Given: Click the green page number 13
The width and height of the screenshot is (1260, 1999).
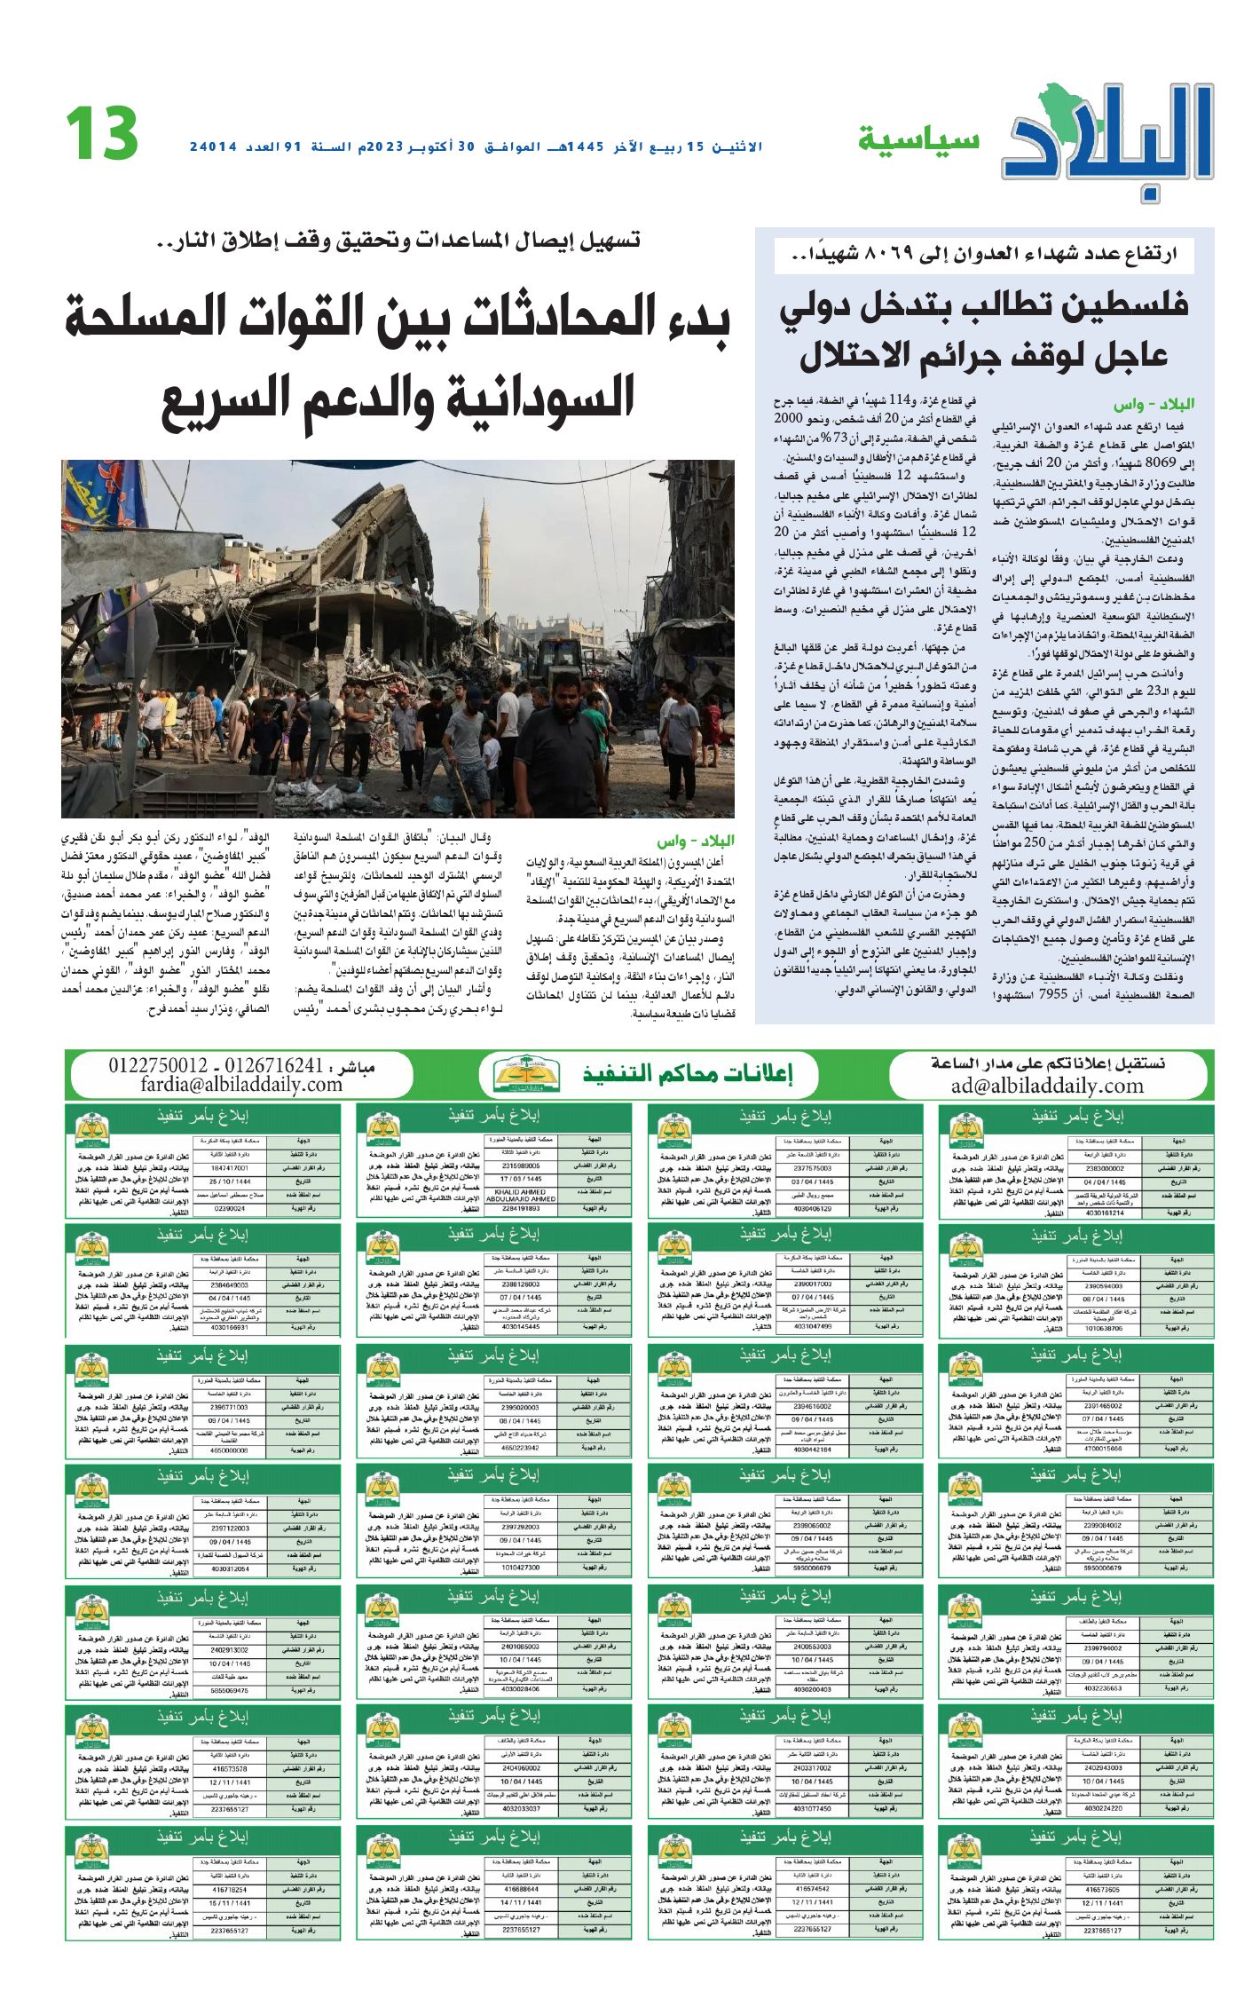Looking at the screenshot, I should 101,133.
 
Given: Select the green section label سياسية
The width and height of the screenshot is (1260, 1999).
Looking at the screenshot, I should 917,140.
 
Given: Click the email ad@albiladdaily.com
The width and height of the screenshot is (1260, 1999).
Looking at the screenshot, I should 1047,1086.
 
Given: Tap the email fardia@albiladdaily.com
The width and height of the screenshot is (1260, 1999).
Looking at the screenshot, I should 241,1084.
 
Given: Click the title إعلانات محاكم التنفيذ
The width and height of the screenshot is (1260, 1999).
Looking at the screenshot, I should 687,1074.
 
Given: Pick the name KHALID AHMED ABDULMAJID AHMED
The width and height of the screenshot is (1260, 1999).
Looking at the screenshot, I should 520,1195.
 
